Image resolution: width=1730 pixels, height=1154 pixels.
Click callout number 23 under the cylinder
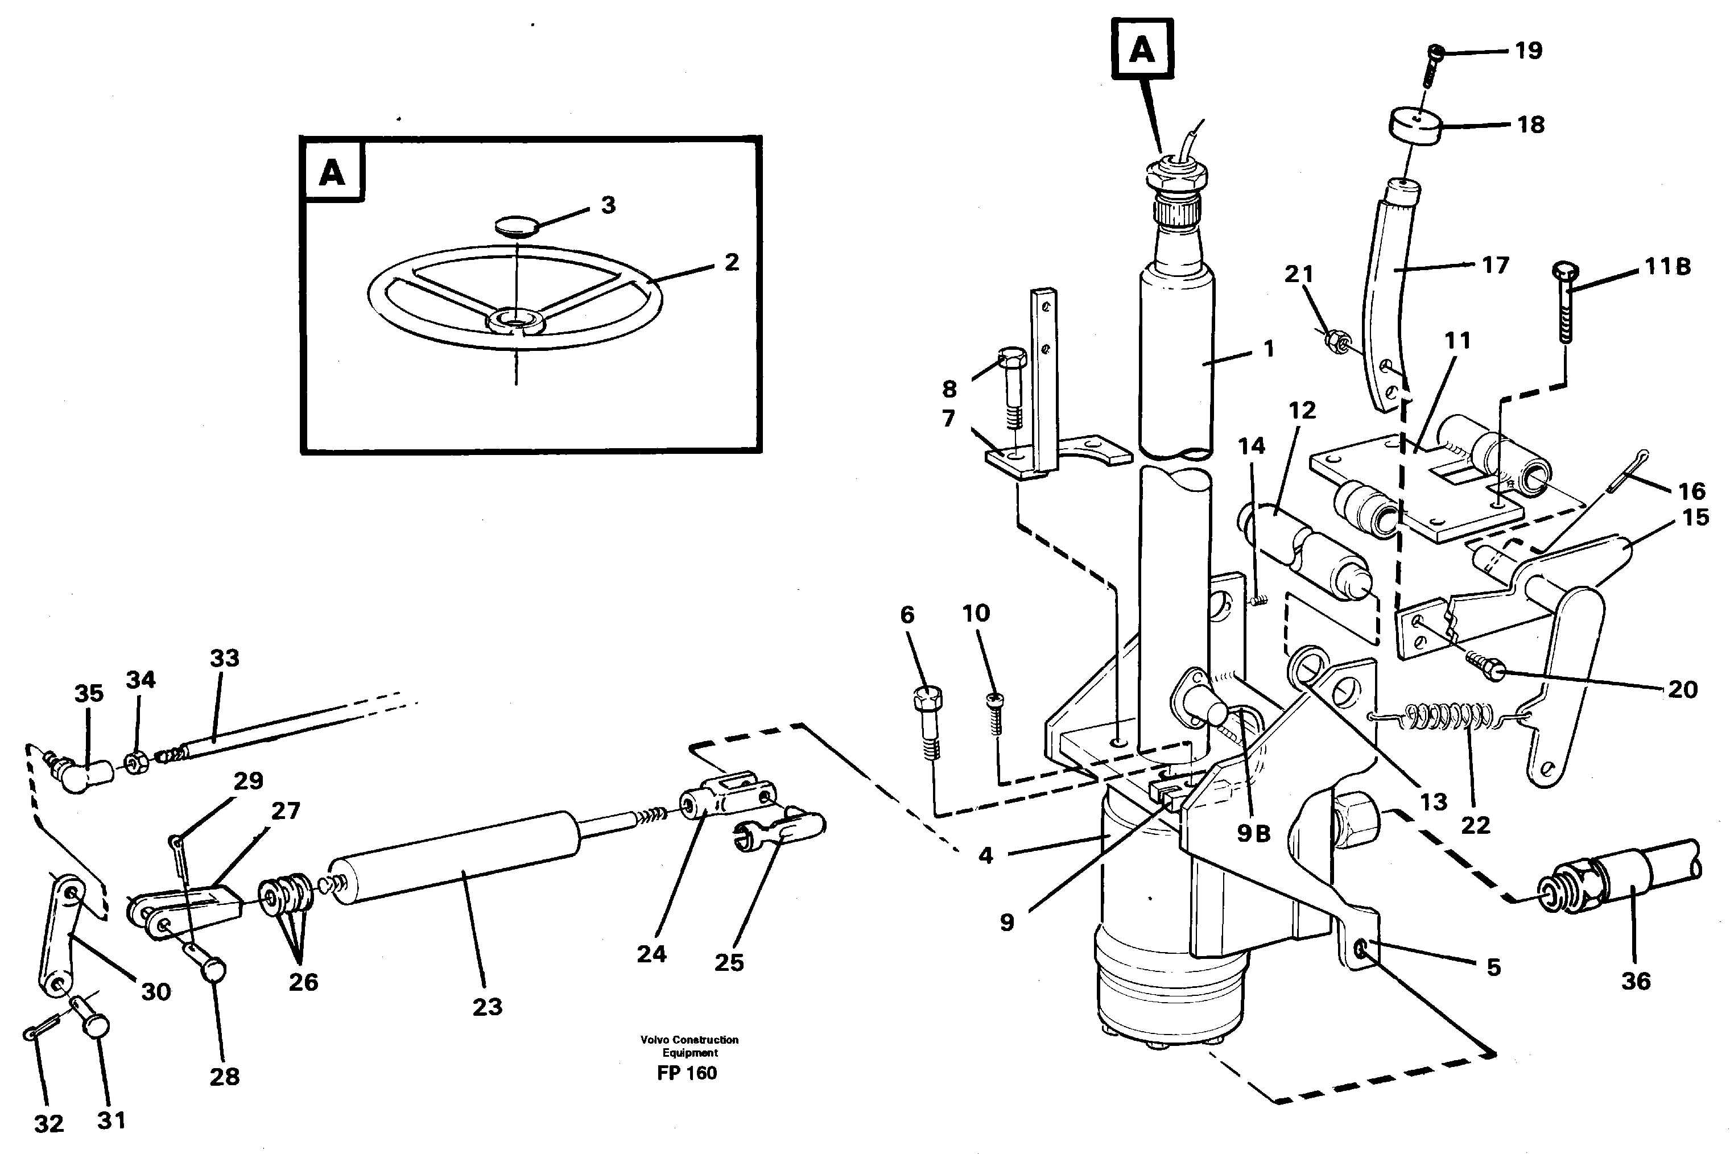[486, 1007]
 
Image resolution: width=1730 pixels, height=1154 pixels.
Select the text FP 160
[687, 1073]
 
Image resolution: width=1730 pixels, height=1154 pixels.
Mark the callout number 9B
[1253, 833]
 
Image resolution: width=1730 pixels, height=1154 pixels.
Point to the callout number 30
[156, 991]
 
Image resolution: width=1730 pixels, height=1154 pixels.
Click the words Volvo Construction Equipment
[689, 1046]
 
